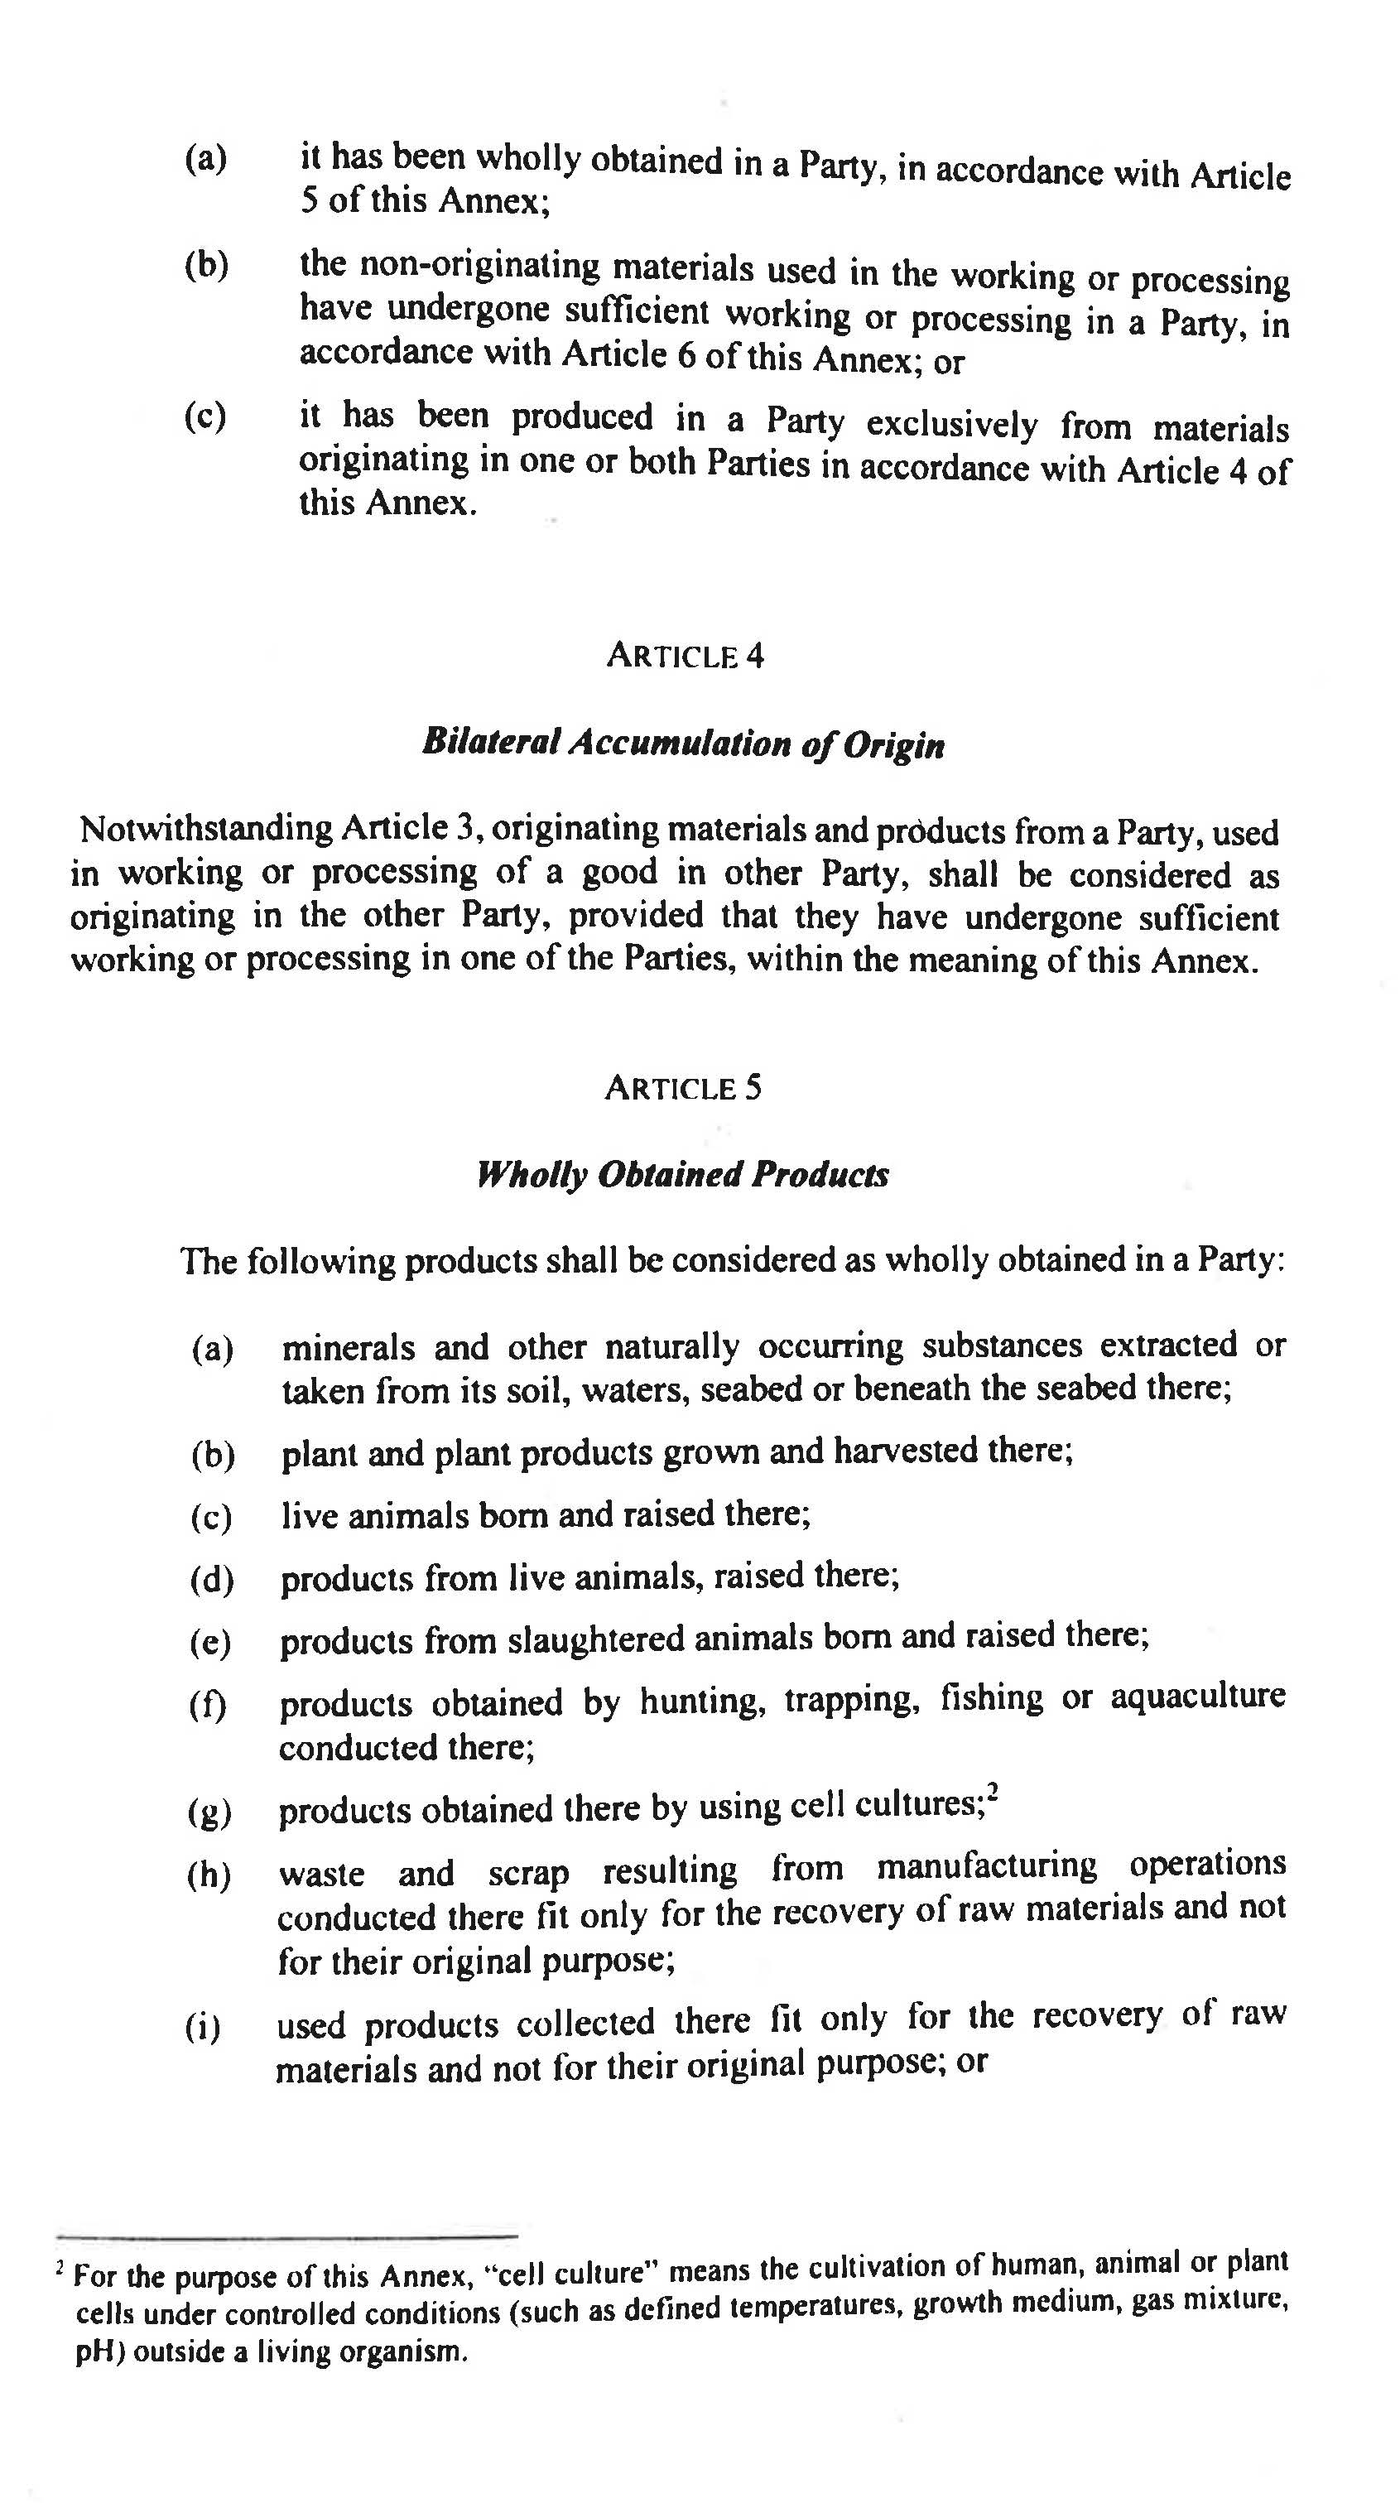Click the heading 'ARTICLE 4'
[685, 656]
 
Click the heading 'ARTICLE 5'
[683, 1087]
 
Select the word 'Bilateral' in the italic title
[491, 743]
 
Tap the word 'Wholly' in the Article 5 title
[532, 1174]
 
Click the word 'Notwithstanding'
[206, 829]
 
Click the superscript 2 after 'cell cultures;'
[993, 1792]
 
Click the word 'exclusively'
[951, 425]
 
